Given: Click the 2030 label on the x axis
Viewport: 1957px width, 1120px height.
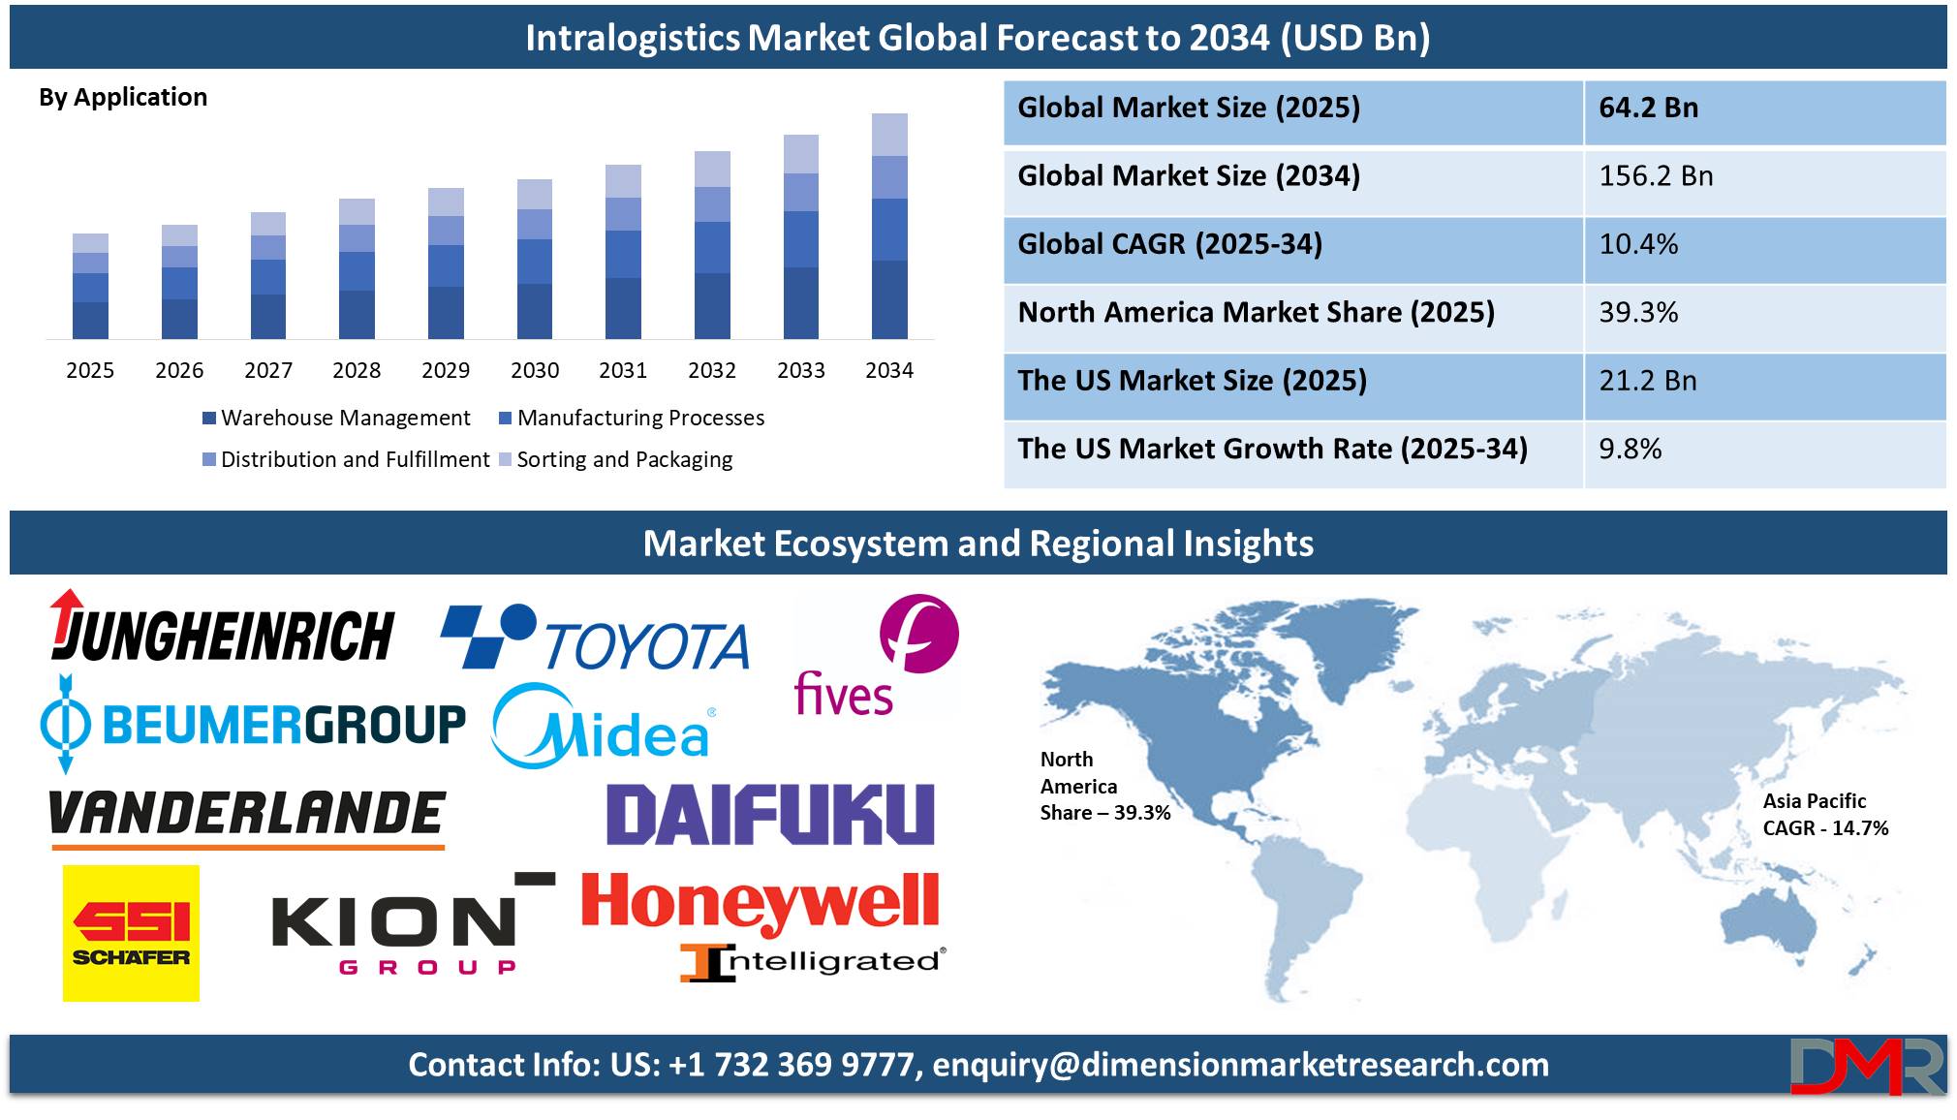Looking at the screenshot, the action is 535,370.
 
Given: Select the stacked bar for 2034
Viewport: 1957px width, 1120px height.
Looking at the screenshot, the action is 889,226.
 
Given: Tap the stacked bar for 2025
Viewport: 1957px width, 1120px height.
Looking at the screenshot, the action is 90,286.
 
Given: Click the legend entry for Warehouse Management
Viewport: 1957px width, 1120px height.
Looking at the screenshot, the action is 336,418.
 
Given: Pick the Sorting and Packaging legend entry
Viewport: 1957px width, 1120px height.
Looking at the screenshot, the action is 615,459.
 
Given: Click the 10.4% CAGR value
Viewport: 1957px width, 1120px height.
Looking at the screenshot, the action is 1638,244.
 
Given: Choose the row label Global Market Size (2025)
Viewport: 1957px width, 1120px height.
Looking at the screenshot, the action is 1189,108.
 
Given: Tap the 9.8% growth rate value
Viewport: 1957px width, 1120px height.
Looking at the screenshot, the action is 1631,450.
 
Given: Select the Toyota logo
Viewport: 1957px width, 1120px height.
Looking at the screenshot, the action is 595,637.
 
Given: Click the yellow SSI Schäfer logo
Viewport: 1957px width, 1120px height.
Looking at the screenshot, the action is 131,933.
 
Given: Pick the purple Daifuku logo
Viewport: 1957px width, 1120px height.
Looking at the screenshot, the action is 770,814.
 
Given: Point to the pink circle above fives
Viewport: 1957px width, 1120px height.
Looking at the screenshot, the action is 919,634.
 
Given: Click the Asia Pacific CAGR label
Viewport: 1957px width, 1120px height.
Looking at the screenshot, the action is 1825,815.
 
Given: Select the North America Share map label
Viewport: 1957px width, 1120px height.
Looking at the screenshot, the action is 1105,786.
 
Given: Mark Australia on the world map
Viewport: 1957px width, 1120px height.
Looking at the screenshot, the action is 1769,920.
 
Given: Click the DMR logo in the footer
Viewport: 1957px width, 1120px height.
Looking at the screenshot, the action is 1867,1066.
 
